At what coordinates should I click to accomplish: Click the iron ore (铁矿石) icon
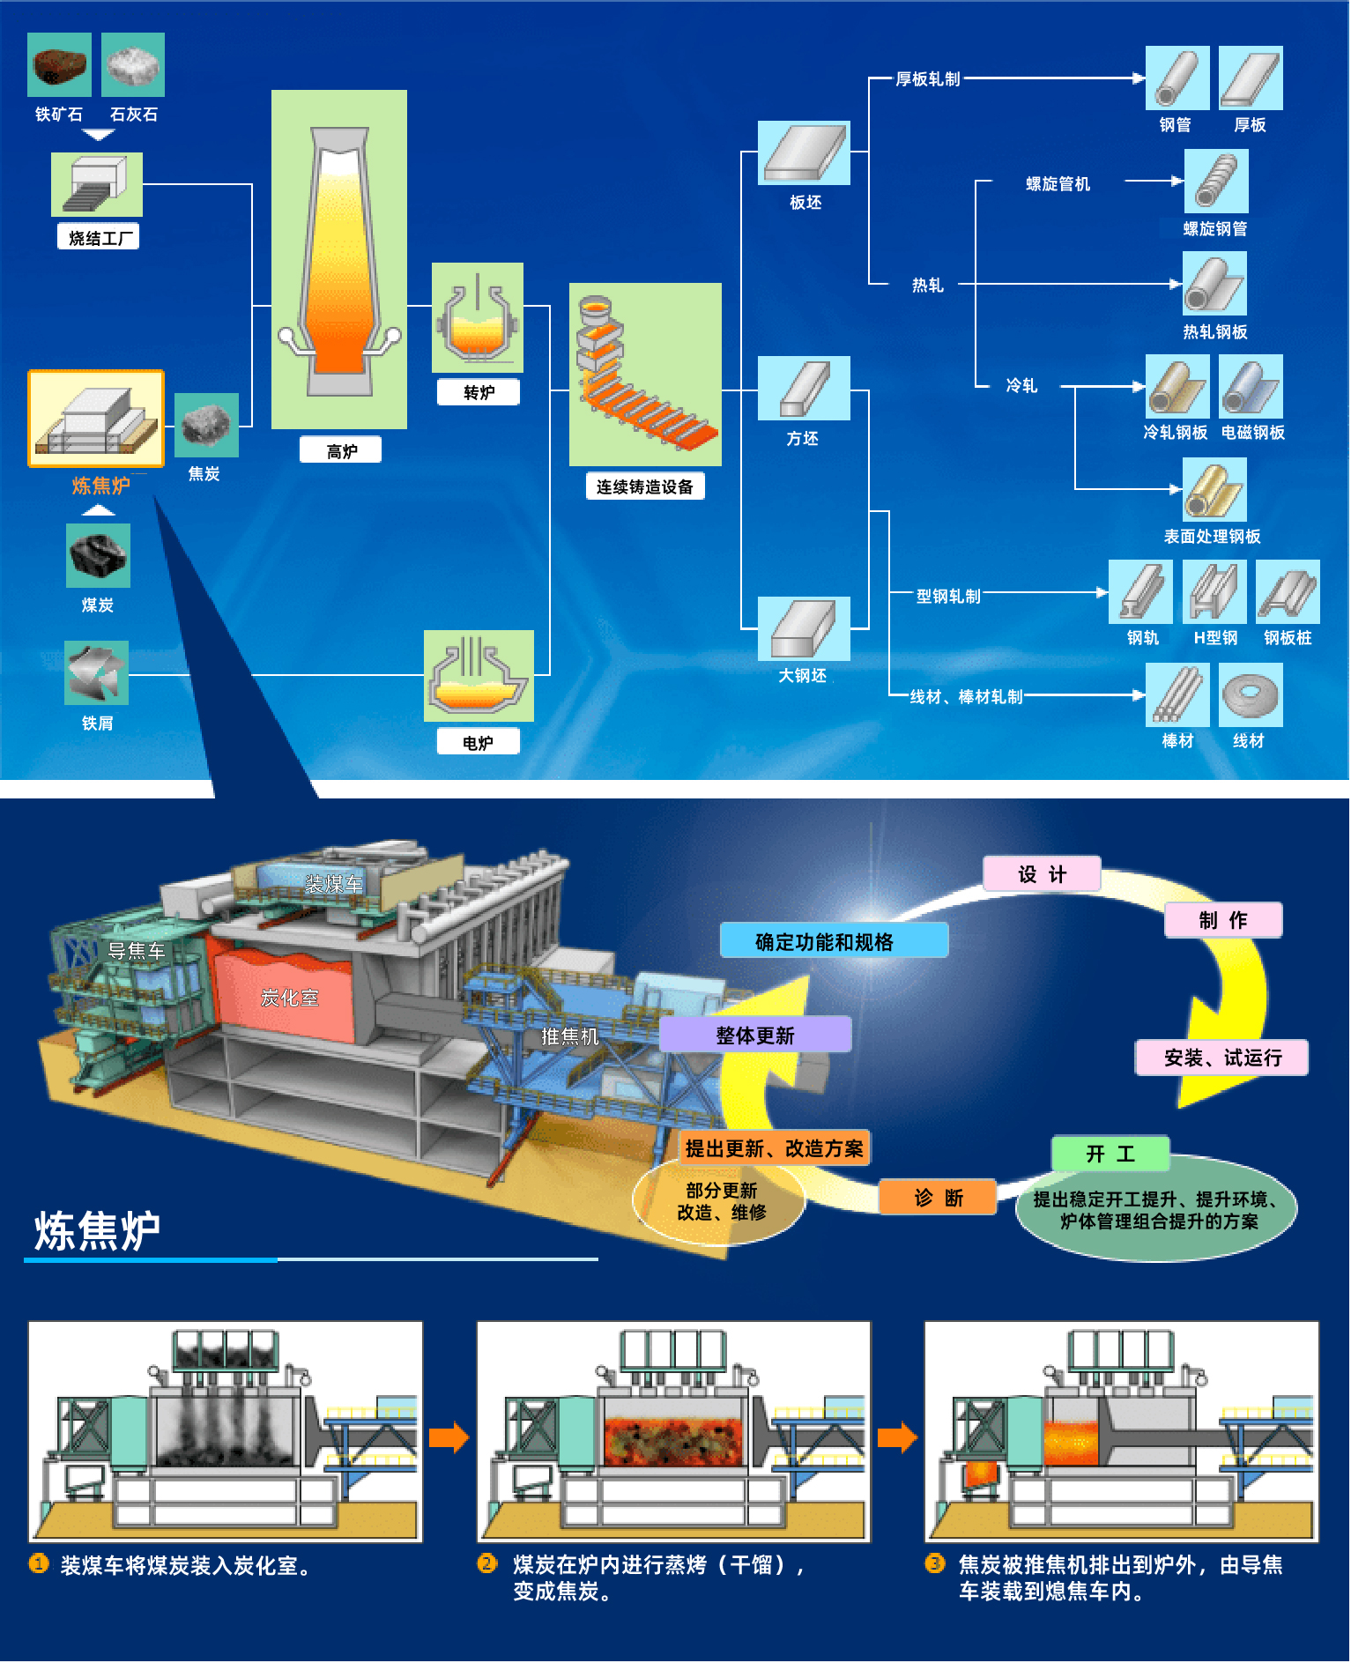point(59,64)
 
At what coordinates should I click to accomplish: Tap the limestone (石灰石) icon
point(133,64)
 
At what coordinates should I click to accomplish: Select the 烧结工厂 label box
point(99,237)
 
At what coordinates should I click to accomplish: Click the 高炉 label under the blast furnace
point(341,450)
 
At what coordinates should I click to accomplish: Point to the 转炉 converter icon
point(478,317)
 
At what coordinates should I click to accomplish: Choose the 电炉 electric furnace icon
point(479,676)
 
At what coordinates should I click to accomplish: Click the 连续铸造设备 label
point(645,486)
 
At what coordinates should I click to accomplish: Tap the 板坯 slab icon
point(804,152)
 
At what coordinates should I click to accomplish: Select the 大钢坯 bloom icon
point(804,628)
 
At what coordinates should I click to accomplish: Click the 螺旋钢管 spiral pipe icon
point(1216,181)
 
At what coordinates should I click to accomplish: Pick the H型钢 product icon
point(1215,591)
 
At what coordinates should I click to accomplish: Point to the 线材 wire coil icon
point(1251,694)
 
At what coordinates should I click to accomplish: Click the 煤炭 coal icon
point(98,556)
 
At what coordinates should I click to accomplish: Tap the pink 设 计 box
point(1042,873)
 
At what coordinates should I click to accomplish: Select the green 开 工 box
point(1110,1154)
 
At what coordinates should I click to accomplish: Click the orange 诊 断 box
point(938,1198)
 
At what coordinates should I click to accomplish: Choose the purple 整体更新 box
point(755,1035)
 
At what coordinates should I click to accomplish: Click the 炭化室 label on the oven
point(289,998)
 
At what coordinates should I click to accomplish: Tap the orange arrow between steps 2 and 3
point(897,1437)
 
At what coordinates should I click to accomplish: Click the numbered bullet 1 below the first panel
point(39,1563)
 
